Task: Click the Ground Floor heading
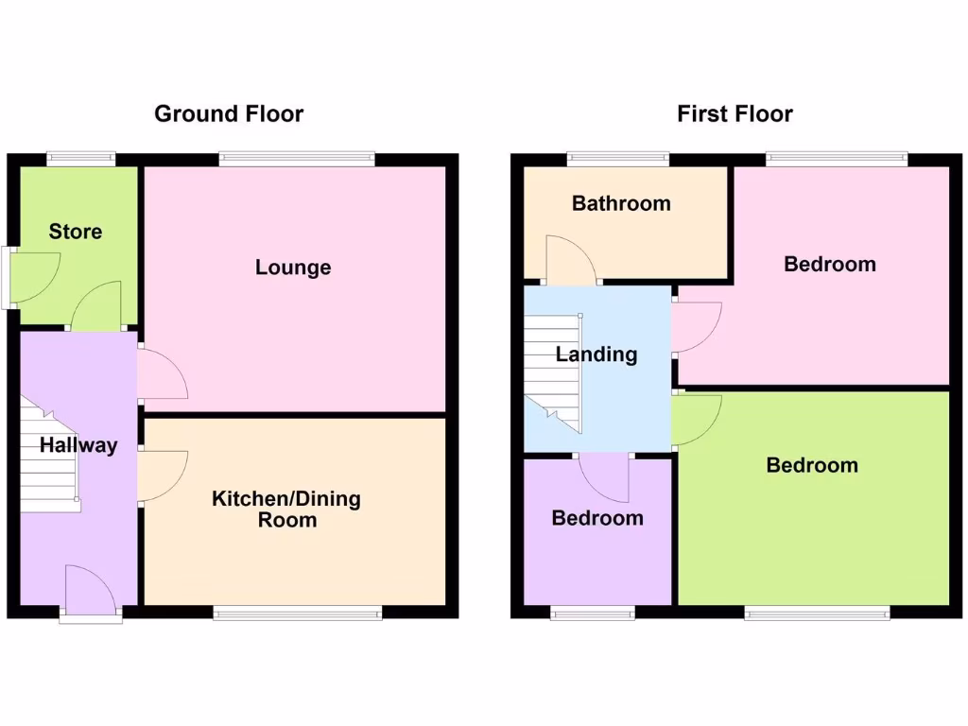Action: tap(229, 114)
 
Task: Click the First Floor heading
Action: tap(735, 114)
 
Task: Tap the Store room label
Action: tap(76, 232)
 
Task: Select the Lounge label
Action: tap(293, 268)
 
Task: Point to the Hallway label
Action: tap(78, 445)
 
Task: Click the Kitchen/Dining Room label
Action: tap(286, 510)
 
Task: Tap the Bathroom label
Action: tap(621, 203)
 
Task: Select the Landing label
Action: tap(596, 354)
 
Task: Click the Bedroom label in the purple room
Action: tap(597, 518)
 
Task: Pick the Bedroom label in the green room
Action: tap(812, 465)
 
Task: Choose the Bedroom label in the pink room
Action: tap(830, 264)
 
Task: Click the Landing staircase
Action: tap(552, 369)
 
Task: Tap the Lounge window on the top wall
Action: tap(297, 160)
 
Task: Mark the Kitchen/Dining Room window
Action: tap(298, 613)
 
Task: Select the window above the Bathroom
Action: tap(618, 159)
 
